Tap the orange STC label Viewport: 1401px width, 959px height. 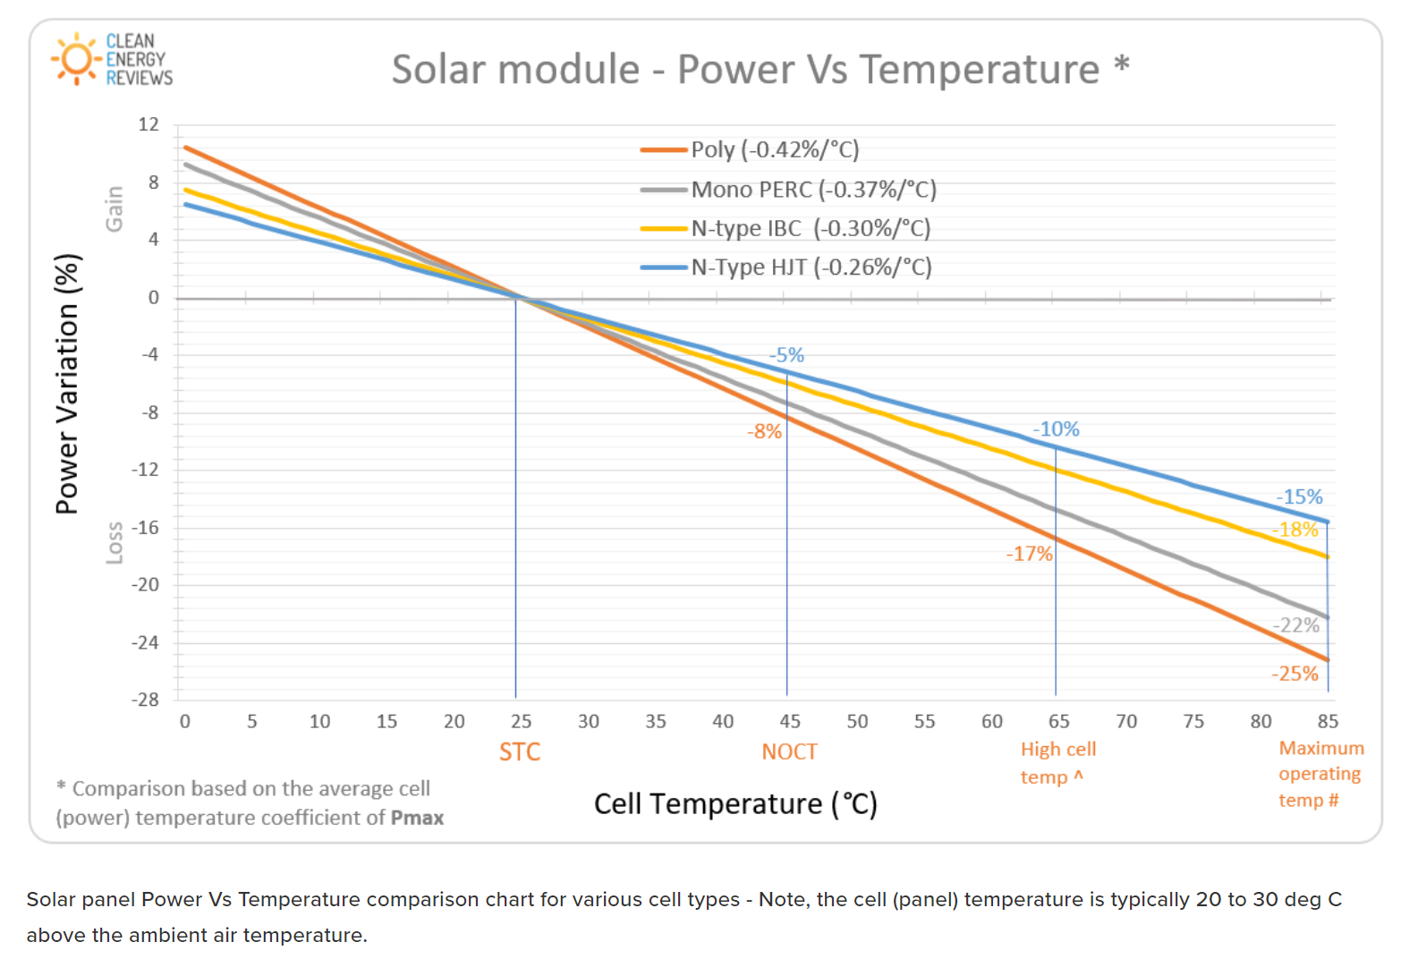pyautogui.click(x=520, y=751)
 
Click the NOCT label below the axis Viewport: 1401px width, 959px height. pyautogui.click(x=789, y=751)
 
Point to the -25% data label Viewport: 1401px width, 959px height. pyautogui.click(x=1295, y=674)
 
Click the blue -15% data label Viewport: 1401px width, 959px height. pyautogui.click(x=1299, y=496)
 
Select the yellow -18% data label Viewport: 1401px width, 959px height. pyautogui.click(x=1295, y=530)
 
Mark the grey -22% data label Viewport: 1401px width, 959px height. pyautogui.click(x=1295, y=625)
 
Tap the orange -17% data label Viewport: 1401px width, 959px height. pyautogui.click(x=1029, y=554)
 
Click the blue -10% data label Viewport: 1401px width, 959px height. pyautogui.click(x=1056, y=429)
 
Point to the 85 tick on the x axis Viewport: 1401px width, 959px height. pyautogui.click(x=1328, y=721)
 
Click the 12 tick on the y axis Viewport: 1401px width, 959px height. pyautogui.click(x=149, y=124)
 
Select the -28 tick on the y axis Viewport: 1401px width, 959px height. pyautogui.click(x=145, y=700)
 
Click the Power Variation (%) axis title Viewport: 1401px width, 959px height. pyautogui.click(x=68, y=385)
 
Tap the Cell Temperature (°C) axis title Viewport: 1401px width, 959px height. pyautogui.click(x=735, y=803)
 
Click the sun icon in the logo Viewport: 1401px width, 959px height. pyautogui.click(x=75, y=59)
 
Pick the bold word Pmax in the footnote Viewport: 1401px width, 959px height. pyautogui.click(x=417, y=818)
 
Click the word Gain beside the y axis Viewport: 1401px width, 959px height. pyautogui.click(x=114, y=208)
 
